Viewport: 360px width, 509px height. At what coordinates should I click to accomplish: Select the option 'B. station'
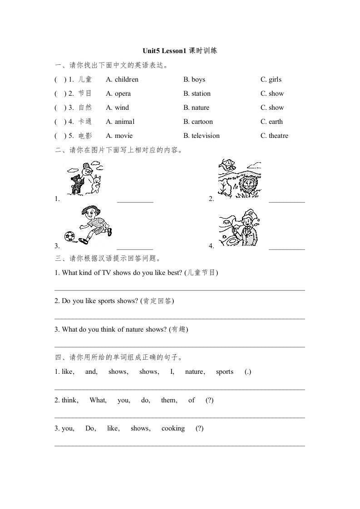pyautogui.click(x=197, y=94)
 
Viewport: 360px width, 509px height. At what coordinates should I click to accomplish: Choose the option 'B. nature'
pyautogui.click(x=196, y=108)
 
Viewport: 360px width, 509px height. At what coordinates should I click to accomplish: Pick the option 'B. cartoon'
pyautogui.click(x=198, y=122)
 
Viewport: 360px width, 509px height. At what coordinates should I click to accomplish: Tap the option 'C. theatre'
pyautogui.click(x=274, y=136)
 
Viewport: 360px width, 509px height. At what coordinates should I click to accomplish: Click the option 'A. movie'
pyautogui.click(x=119, y=136)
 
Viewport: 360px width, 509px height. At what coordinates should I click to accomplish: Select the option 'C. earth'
pyautogui.click(x=271, y=122)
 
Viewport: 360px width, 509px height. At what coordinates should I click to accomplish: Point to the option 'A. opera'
pyautogui.click(x=118, y=94)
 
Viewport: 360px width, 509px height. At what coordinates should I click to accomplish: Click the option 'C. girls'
pyautogui.click(x=271, y=80)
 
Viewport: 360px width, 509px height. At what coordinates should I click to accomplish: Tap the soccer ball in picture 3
pyautogui.click(x=69, y=236)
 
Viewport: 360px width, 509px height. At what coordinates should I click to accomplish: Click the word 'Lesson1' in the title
pyautogui.click(x=174, y=51)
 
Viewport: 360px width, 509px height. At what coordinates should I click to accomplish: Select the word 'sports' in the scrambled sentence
pyautogui.click(x=225, y=372)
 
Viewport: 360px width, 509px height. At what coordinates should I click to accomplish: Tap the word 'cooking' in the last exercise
pyautogui.click(x=173, y=429)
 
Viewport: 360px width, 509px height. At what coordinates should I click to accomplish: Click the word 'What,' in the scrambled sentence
pyautogui.click(x=98, y=400)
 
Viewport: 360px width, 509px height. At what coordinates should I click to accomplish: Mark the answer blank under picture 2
pyautogui.click(x=286, y=200)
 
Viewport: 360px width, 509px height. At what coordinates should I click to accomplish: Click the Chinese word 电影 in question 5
pyautogui.click(x=85, y=136)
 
